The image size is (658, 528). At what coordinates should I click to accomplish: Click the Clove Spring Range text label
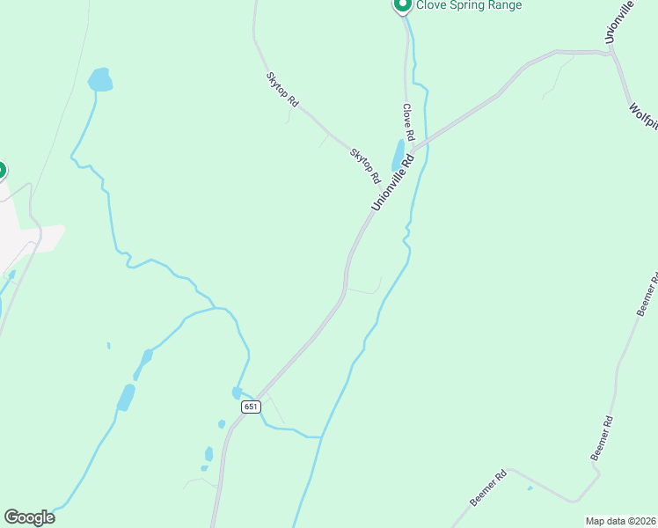point(469,5)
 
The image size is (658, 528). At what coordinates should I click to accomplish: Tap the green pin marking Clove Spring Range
point(402,4)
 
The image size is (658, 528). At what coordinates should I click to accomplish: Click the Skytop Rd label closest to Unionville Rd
point(365,165)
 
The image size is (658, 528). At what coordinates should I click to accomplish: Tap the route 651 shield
point(251,407)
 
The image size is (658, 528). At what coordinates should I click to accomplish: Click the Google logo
point(29,517)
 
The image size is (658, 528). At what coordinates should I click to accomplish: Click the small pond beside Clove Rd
point(398,155)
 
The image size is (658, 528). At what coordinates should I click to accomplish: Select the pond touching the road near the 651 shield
point(237,392)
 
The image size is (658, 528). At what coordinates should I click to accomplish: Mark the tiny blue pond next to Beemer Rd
point(530,488)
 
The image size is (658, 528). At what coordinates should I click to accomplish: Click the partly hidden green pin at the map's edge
point(2,169)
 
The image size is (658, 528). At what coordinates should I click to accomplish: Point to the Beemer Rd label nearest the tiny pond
point(488,488)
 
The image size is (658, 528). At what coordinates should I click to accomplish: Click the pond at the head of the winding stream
point(100,79)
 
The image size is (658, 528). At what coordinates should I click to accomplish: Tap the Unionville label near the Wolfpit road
point(619,23)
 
